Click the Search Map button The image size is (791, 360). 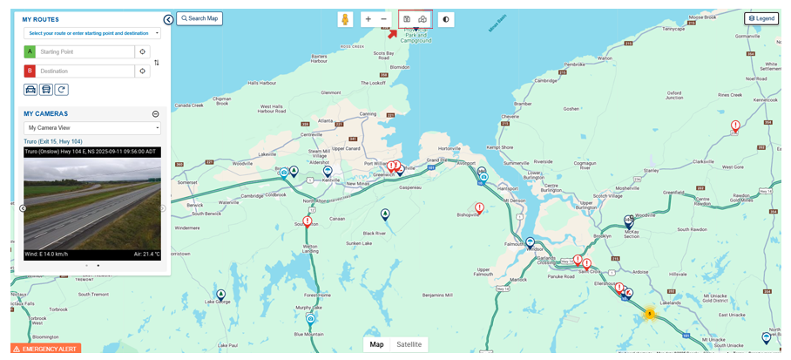(x=199, y=18)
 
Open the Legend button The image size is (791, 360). (x=761, y=18)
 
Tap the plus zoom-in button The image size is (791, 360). (x=368, y=19)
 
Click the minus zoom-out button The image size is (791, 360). (x=383, y=19)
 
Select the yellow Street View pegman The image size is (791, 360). (x=346, y=19)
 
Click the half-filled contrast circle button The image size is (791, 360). (x=446, y=19)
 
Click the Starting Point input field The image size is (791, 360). (x=85, y=52)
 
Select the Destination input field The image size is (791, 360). (x=85, y=71)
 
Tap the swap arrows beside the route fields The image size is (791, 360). (x=157, y=63)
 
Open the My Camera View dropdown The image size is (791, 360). (x=92, y=128)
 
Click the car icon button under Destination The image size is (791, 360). (x=30, y=90)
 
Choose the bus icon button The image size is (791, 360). (x=46, y=90)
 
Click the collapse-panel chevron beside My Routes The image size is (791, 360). (x=168, y=19)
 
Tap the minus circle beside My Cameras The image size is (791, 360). (x=156, y=114)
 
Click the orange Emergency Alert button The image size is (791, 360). (x=46, y=349)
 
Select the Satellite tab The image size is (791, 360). (x=409, y=344)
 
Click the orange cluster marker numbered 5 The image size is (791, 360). (x=648, y=314)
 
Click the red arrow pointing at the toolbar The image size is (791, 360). (x=392, y=33)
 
